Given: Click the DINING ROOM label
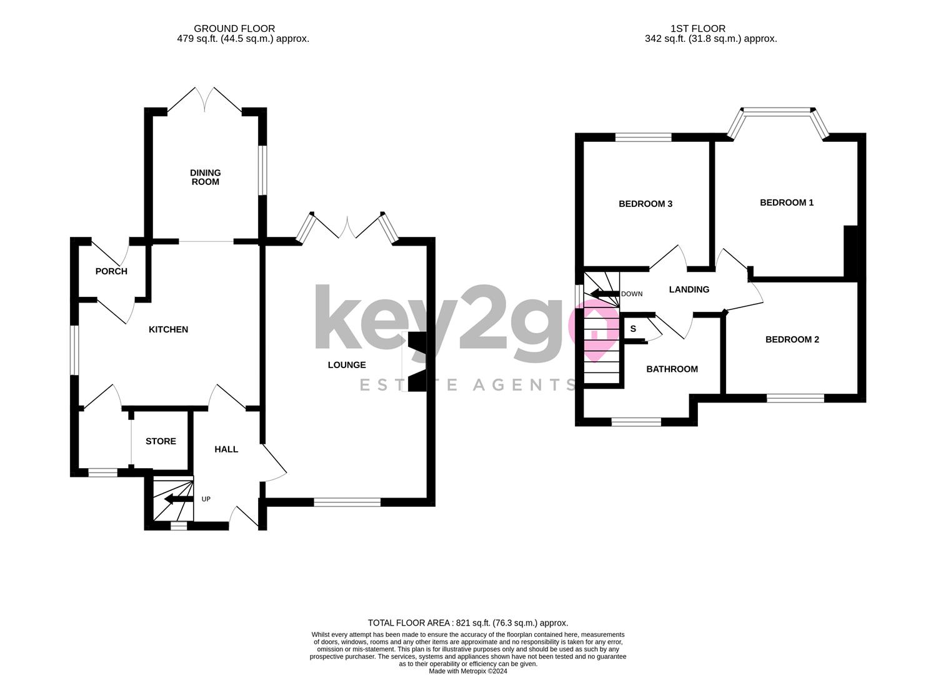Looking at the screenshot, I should pyautogui.click(x=206, y=177).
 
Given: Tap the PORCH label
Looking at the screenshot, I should pyautogui.click(x=111, y=271).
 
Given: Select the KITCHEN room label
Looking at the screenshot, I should pyautogui.click(x=168, y=329).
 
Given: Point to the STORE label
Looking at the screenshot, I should pyautogui.click(x=161, y=441).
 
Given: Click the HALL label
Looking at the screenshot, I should pyautogui.click(x=226, y=449).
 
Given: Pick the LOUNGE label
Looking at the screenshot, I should pyautogui.click(x=347, y=365).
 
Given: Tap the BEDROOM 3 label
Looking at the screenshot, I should pyautogui.click(x=645, y=204).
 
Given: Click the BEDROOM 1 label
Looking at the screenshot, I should pyautogui.click(x=787, y=202).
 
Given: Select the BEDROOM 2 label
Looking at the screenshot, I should pyautogui.click(x=792, y=339).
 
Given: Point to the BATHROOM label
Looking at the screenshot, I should pyautogui.click(x=672, y=369).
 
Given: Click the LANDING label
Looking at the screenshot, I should pyautogui.click(x=689, y=289).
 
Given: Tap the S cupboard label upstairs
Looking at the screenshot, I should pyautogui.click(x=633, y=329).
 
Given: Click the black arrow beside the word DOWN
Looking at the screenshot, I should pyautogui.click(x=604, y=294).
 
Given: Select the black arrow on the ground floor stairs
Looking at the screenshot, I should pyautogui.click(x=177, y=498).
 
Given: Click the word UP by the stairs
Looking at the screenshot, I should pyautogui.click(x=206, y=499).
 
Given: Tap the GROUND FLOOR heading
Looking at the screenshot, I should pyautogui.click(x=234, y=28).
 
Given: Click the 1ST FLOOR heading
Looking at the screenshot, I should pyautogui.click(x=698, y=28).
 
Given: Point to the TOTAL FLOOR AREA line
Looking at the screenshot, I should pyautogui.click(x=468, y=622).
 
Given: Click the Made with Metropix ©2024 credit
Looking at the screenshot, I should pyautogui.click(x=468, y=671).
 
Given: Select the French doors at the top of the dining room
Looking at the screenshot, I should pyautogui.click(x=205, y=100).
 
